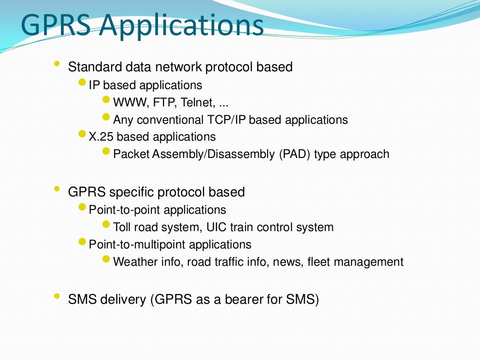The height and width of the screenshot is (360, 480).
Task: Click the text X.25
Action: [101, 137]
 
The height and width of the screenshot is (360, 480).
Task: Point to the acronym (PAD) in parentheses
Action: [294, 154]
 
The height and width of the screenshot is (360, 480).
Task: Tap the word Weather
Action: [135, 262]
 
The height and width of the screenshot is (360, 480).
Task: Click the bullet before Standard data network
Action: [57, 64]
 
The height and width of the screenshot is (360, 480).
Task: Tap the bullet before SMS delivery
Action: [57, 296]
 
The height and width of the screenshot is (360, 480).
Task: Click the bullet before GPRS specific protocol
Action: [57, 189]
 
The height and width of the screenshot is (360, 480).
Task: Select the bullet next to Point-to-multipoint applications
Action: [82, 242]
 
